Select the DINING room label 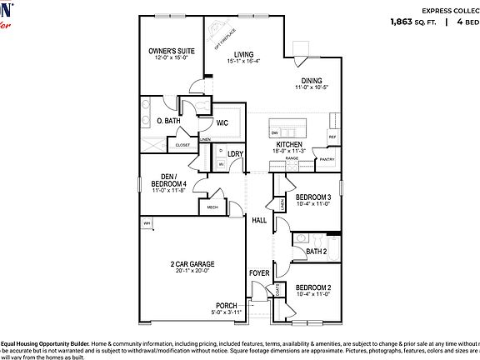pos(311,80)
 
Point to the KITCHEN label pos(290,143)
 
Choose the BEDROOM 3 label pos(313,197)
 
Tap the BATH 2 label pos(316,250)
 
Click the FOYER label pos(259,273)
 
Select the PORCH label pos(227,305)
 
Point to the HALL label pos(259,220)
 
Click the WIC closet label pos(222,122)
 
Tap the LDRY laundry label pos(235,153)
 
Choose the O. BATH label pos(169,121)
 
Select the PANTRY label pos(327,159)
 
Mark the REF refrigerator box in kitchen pos(332,137)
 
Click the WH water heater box pos(147,222)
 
